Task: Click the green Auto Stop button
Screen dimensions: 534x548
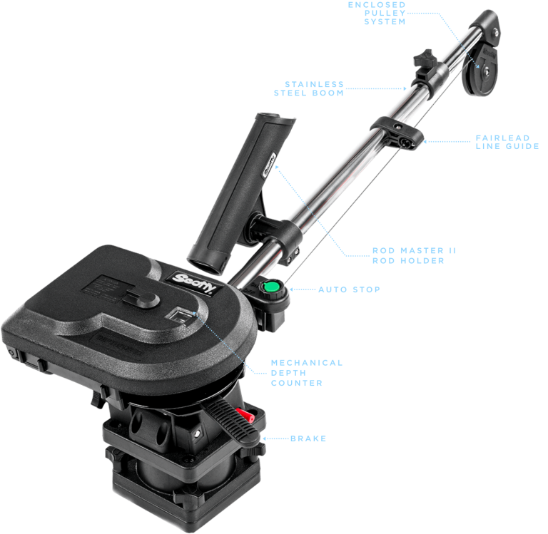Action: coord(270,289)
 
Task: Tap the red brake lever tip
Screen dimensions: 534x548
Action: coord(245,415)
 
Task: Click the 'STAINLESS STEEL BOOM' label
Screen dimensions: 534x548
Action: coord(309,88)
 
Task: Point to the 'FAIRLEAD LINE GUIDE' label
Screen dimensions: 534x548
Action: coord(507,141)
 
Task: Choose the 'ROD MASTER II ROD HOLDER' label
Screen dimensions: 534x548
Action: coord(414,255)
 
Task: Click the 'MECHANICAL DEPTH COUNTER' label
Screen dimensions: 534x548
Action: coord(306,373)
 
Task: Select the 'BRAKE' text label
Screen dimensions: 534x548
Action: coord(308,438)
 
